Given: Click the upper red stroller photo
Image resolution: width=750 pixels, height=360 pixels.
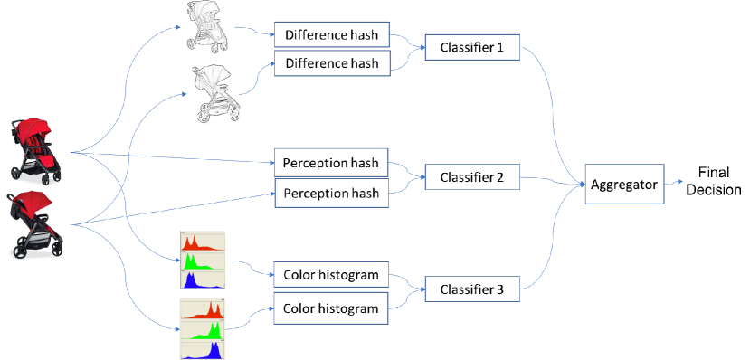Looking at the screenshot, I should [x=36, y=152].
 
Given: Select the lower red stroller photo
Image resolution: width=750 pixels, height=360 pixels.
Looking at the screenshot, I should [x=35, y=224].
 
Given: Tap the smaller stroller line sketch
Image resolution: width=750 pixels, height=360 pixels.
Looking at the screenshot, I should [x=207, y=26].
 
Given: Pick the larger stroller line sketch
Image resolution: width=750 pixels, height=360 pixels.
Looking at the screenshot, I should [x=216, y=93].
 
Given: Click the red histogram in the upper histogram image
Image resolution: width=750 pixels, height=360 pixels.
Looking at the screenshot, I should [x=203, y=242].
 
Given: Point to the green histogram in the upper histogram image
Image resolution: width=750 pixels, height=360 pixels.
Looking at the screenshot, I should [x=203, y=261].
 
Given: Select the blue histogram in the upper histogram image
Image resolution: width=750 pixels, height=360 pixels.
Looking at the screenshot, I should [x=203, y=280].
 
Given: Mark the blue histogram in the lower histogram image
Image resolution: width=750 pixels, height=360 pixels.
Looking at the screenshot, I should [x=203, y=350].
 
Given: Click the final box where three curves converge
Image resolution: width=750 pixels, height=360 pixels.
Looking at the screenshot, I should [x=624, y=184].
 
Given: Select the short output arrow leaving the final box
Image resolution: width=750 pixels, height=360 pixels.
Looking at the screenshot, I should [x=674, y=182].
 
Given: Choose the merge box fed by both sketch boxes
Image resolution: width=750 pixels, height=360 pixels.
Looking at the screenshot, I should [x=472, y=47].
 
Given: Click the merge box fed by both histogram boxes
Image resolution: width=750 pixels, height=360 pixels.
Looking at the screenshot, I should [x=472, y=289].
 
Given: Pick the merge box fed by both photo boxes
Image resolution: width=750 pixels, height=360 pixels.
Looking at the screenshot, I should [x=472, y=176].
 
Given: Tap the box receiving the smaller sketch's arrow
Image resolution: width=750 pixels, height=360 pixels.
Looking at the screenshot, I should [x=332, y=34].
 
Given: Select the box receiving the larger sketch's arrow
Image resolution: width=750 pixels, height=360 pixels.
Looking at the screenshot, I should [x=332, y=63].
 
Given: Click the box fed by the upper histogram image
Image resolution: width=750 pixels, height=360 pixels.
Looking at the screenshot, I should [x=331, y=274].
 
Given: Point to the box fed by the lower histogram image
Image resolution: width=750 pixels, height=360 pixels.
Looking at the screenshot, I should [x=331, y=308].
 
